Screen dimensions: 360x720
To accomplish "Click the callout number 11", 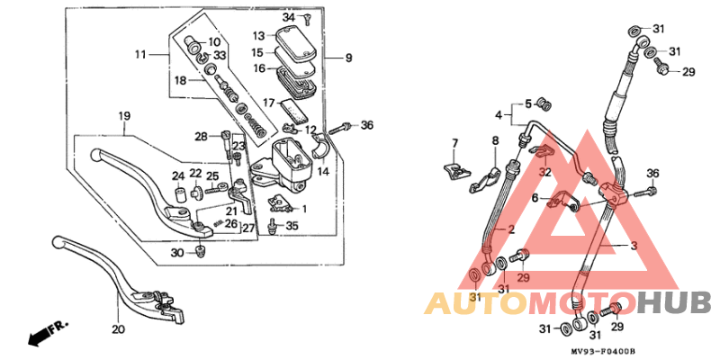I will coord(140,55).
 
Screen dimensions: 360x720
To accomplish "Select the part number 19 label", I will coord(124,116).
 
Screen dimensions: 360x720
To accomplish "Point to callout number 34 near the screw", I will coord(288,17).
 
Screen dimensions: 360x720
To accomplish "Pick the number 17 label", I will coord(268,103).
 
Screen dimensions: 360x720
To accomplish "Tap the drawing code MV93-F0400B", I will coord(603,351).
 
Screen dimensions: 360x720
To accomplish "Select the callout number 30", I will coord(177,253).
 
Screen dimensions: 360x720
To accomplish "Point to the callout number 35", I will coord(292,226).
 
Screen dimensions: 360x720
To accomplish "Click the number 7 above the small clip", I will coord(455,143).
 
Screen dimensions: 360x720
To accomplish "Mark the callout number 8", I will coord(494,140).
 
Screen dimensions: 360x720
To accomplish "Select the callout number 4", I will coord(498,115).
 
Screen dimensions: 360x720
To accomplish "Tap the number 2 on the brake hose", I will coord(510,230).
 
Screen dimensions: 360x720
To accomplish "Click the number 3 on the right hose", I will coord(608,245).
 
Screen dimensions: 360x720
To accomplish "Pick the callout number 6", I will coord(534,198).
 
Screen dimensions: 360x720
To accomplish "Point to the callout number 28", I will coord(202,136).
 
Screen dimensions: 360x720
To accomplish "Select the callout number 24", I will coord(178,175).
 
